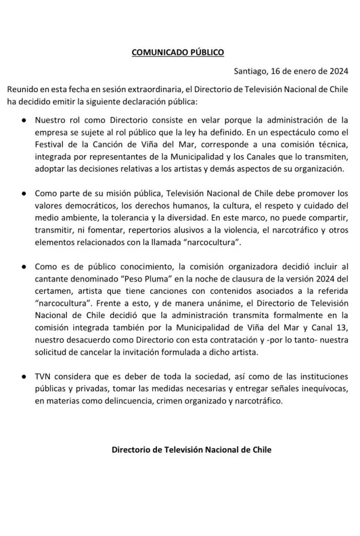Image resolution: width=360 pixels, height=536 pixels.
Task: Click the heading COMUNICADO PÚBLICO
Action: (177, 52)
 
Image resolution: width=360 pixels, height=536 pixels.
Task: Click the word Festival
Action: (50, 144)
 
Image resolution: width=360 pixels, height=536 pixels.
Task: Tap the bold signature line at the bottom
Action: (192, 450)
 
